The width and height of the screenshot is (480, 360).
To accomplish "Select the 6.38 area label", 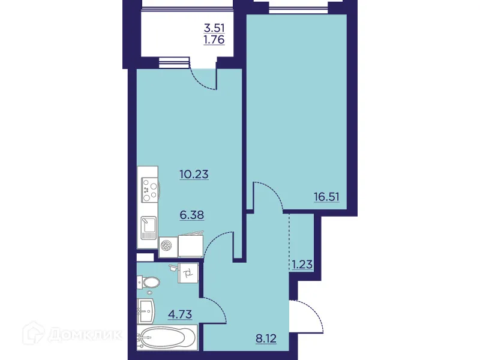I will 191,214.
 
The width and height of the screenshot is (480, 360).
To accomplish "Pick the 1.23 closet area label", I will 302,263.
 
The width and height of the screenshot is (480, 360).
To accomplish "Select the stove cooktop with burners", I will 148,189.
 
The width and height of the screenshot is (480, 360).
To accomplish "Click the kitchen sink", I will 148,228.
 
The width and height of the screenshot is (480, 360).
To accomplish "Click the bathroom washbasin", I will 146,310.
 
